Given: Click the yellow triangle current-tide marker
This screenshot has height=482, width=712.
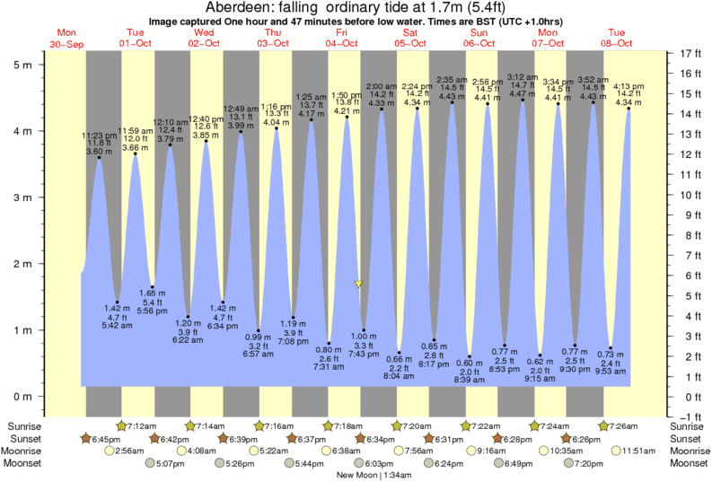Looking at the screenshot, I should coord(359,284).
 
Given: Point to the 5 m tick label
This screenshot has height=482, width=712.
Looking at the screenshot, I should coord(23,65).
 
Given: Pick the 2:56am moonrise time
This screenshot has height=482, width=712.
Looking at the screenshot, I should coord(132,451).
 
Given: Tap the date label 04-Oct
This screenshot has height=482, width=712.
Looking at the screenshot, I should coord(342,43).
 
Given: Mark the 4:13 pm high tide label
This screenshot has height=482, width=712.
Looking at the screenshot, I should coord(628,87).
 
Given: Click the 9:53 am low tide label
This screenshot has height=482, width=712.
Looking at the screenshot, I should coord(611,371).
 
